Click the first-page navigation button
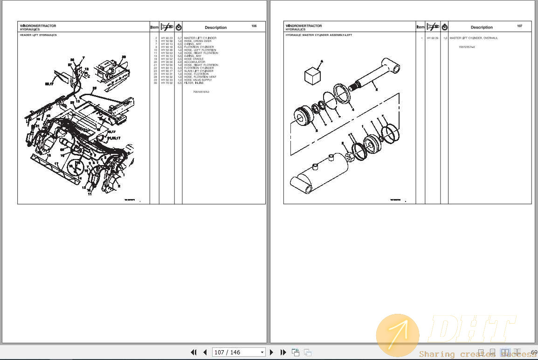[x=193, y=353]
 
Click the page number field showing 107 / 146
[x=238, y=353]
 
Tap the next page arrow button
[x=272, y=353]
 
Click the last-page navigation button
[x=283, y=353]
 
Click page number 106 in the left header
[x=254, y=26]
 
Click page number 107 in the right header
[x=519, y=26]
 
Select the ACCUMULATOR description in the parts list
[x=194, y=62]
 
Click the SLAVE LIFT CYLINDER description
[x=199, y=71]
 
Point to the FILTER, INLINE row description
[x=194, y=83]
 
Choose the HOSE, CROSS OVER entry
[x=198, y=41]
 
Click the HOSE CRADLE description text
[x=194, y=59]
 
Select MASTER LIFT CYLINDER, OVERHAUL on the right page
[x=474, y=38]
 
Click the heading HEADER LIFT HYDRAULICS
[x=38, y=35]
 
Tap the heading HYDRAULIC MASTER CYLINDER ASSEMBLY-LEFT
[x=319, y=35]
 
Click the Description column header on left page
[x=215, y=28]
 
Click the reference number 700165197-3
[x=201, y=92]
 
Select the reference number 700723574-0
[x=467, y=47]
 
